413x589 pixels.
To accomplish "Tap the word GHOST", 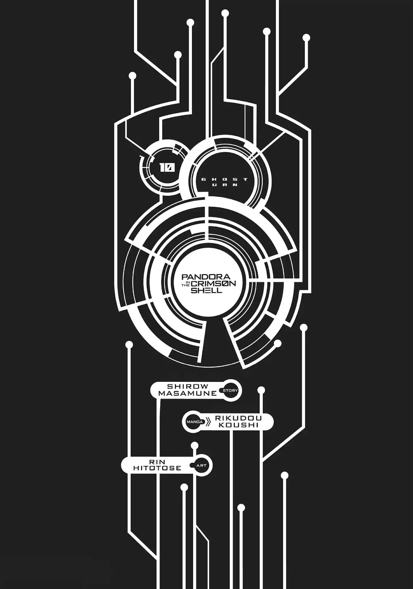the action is coord(224,179).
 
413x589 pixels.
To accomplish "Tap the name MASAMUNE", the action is coord(188,393).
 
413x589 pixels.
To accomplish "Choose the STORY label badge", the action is coord(230,390).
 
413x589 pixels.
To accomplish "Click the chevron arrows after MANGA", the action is coord(208,422).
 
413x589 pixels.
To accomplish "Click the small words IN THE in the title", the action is coord(187,284).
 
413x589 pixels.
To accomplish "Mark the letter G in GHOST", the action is coord(203,179).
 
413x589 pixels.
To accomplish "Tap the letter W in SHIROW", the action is coord(204,386).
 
